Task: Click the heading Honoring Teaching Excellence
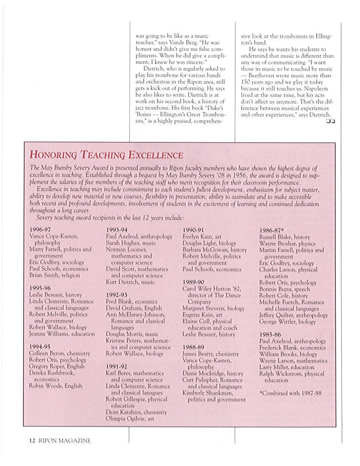point(106,155)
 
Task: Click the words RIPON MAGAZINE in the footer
point(65,441)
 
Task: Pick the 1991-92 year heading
point(116,366)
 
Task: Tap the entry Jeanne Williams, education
point(62,334)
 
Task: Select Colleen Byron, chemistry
point(60,353)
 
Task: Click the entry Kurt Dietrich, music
point(130,282)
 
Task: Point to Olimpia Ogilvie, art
point(130,418)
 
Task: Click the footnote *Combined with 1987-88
point(290,393)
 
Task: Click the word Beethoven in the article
point(266,76)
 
